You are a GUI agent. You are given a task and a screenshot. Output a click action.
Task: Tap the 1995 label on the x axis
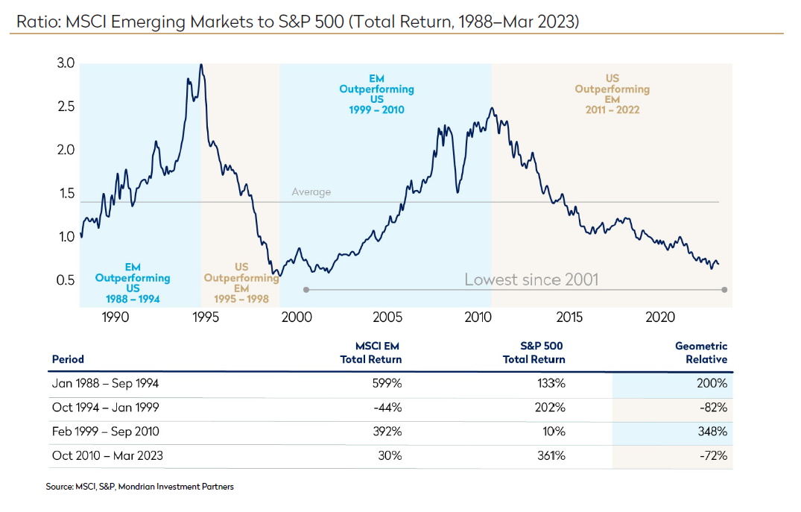(x=206, y=317)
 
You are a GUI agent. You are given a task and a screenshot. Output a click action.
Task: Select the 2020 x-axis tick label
(x=659, y=317)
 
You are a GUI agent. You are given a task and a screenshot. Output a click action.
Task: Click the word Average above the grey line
(x=311, y=192)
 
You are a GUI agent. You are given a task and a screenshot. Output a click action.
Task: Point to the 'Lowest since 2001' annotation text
(x=531, y=280)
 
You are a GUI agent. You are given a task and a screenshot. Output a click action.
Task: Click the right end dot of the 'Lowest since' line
(x=725, y=289)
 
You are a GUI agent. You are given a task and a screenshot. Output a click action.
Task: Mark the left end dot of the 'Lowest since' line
(x=305, y=289)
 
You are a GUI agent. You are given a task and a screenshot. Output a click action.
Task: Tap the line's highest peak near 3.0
(x=201, y=65)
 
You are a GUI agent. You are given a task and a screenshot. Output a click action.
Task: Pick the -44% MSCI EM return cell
(x=390, y=408)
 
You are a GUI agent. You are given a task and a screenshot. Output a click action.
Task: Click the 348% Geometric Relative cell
(x=712, y=432)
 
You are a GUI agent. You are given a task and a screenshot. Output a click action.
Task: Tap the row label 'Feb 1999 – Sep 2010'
(x=105, y=432)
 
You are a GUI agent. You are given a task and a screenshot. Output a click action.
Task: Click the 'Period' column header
(x=68, y=359)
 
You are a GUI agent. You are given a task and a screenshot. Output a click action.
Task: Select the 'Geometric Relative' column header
(x=701, y=353)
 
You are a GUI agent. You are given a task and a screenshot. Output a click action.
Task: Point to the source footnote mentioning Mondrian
(x=139, y=487)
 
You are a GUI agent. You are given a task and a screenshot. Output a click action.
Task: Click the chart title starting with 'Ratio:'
(x=297, y=21)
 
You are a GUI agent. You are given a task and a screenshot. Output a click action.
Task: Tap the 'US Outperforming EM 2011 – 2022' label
(x=612, y=94)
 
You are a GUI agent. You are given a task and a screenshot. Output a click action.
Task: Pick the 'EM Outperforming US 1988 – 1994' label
(x=133, y=283)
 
